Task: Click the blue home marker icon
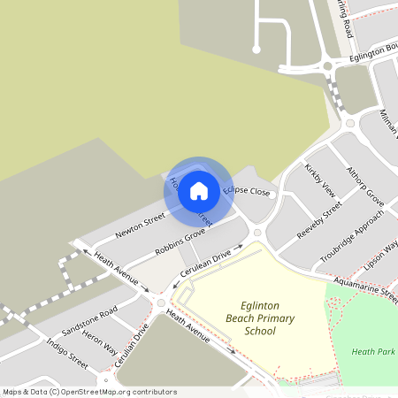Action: [x=199, y=190]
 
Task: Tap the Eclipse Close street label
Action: [x=247, y=190]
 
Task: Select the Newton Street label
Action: [x=141, y=226]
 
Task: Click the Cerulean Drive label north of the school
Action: [x=205, y=264]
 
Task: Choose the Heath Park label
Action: [x=372, y=351]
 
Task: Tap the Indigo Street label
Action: [x=67, y=352]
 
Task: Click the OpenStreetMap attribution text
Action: [x=89, y=392]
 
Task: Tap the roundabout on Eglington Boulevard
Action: [x=329, y=65]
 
